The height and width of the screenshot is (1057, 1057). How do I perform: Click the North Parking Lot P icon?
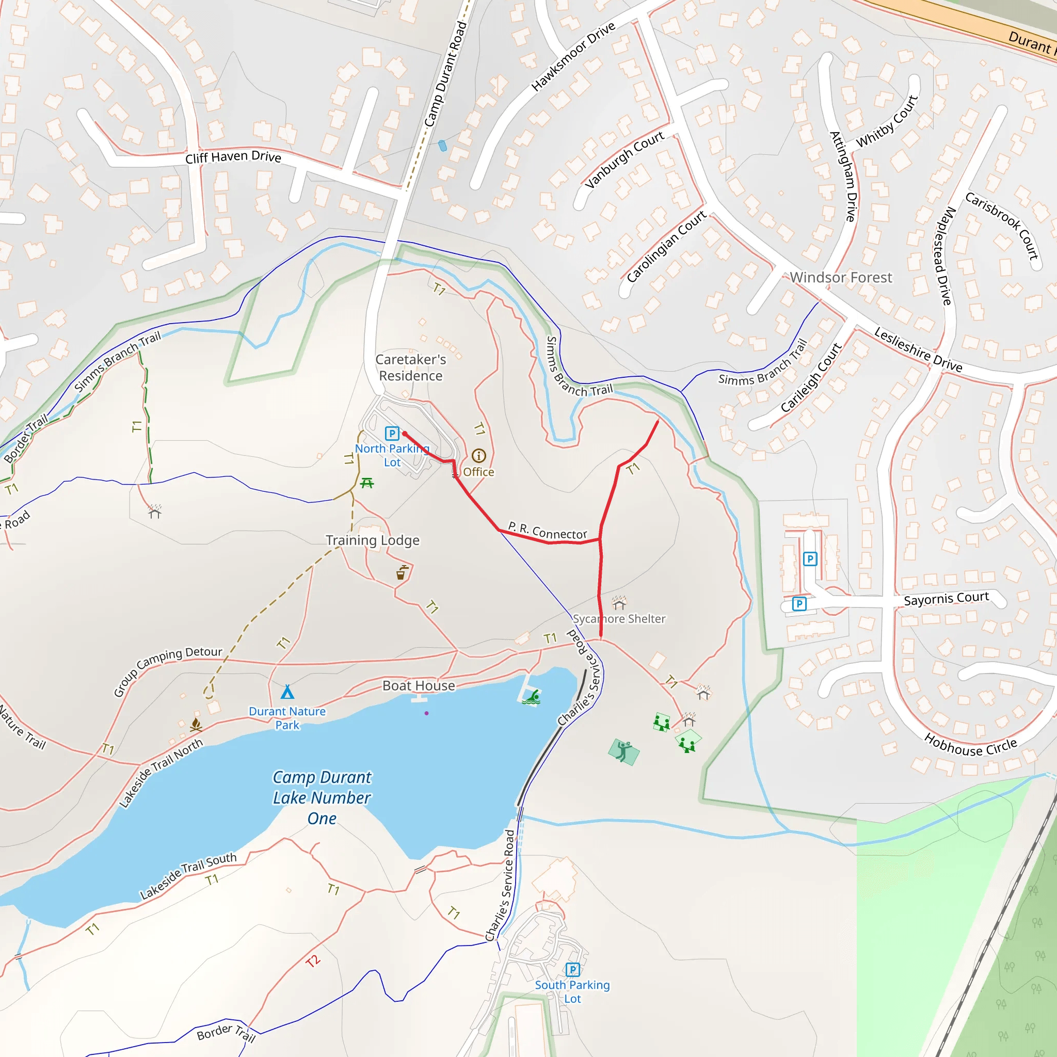pos(392,434)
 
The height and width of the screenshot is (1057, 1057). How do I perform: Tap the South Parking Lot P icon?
pos(572,970)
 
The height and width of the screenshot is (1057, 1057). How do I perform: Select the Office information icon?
pos(479,456)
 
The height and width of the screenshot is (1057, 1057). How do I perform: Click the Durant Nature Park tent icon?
pos(287,692)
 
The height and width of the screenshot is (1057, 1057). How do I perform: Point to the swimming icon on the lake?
pos(532,698)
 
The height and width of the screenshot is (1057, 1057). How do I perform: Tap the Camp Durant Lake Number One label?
pos(322,798)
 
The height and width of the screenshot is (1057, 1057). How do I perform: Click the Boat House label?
pos(419,685)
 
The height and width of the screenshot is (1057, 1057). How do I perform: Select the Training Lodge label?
pos(373,540)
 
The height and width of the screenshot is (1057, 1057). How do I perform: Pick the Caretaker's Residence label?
pos(411,367)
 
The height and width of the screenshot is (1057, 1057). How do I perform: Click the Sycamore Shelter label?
pos(619,619)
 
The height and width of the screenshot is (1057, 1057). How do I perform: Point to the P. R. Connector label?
pos(547,530)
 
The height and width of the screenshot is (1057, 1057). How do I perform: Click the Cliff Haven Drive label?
pos(233,157)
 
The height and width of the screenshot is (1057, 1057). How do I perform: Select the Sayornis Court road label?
pos(946,599)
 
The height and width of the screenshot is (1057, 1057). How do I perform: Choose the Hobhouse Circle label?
pos(971,746)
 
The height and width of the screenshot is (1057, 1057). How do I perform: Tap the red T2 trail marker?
pos(313,960)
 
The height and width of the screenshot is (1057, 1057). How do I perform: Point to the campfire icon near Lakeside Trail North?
pos(196,726)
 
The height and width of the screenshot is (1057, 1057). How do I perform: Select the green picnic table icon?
pos(367,483)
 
